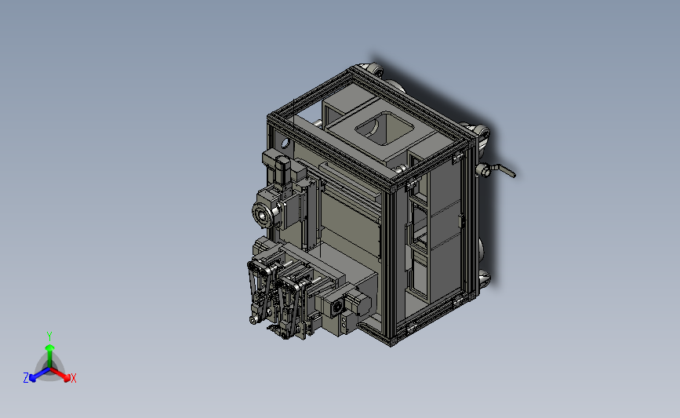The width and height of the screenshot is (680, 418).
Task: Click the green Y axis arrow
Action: pos(50,356)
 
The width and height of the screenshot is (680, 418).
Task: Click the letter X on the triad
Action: pos(73,378)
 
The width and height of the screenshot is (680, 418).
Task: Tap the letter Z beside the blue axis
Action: pos(26,378)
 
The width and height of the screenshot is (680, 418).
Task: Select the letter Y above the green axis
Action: pos(49,336)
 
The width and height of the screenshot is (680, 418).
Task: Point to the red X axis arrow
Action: pos(60,374)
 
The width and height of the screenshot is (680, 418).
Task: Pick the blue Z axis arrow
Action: pos(40,374)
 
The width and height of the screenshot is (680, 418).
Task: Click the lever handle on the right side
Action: pos(503,170)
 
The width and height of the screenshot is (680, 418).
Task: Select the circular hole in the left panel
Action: pos(285,143)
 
